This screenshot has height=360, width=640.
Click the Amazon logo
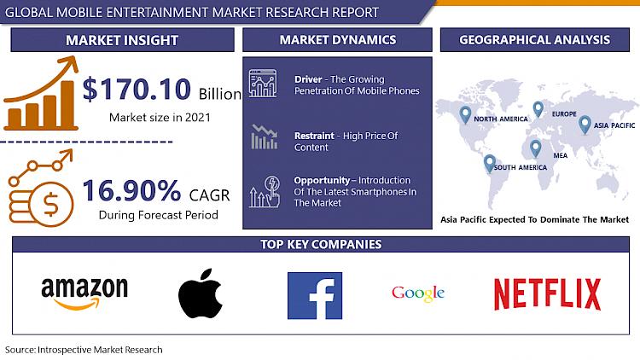pos(84,293)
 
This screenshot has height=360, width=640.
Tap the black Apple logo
pos(200,293)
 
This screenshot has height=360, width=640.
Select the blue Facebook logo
pos(315,295)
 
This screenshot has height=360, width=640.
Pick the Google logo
pos(418,293)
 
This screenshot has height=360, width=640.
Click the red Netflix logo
pos(547,294)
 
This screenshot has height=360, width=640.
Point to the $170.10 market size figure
pos(137,89)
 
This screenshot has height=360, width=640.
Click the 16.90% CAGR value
pos(131,190)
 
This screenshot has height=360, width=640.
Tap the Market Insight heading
pos(122,40)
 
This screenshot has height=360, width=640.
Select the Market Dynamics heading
pos(338,39)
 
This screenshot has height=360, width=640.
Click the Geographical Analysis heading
pos(535,39)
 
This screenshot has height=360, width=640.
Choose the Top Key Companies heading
pos(321,244)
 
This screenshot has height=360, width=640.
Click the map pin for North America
pos(465,114)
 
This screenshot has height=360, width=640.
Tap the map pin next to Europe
pos(538,109)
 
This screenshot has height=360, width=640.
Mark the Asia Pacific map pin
pos(585,125)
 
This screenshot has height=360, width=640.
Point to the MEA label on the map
pos(561,155)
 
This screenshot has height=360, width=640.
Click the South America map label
pos(521,167)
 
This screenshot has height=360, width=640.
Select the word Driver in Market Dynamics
pos(308,79)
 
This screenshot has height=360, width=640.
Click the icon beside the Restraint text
pos(264,136)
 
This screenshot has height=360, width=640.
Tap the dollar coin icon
pos(50,204)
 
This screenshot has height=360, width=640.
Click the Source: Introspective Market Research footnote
pos(84,350)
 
